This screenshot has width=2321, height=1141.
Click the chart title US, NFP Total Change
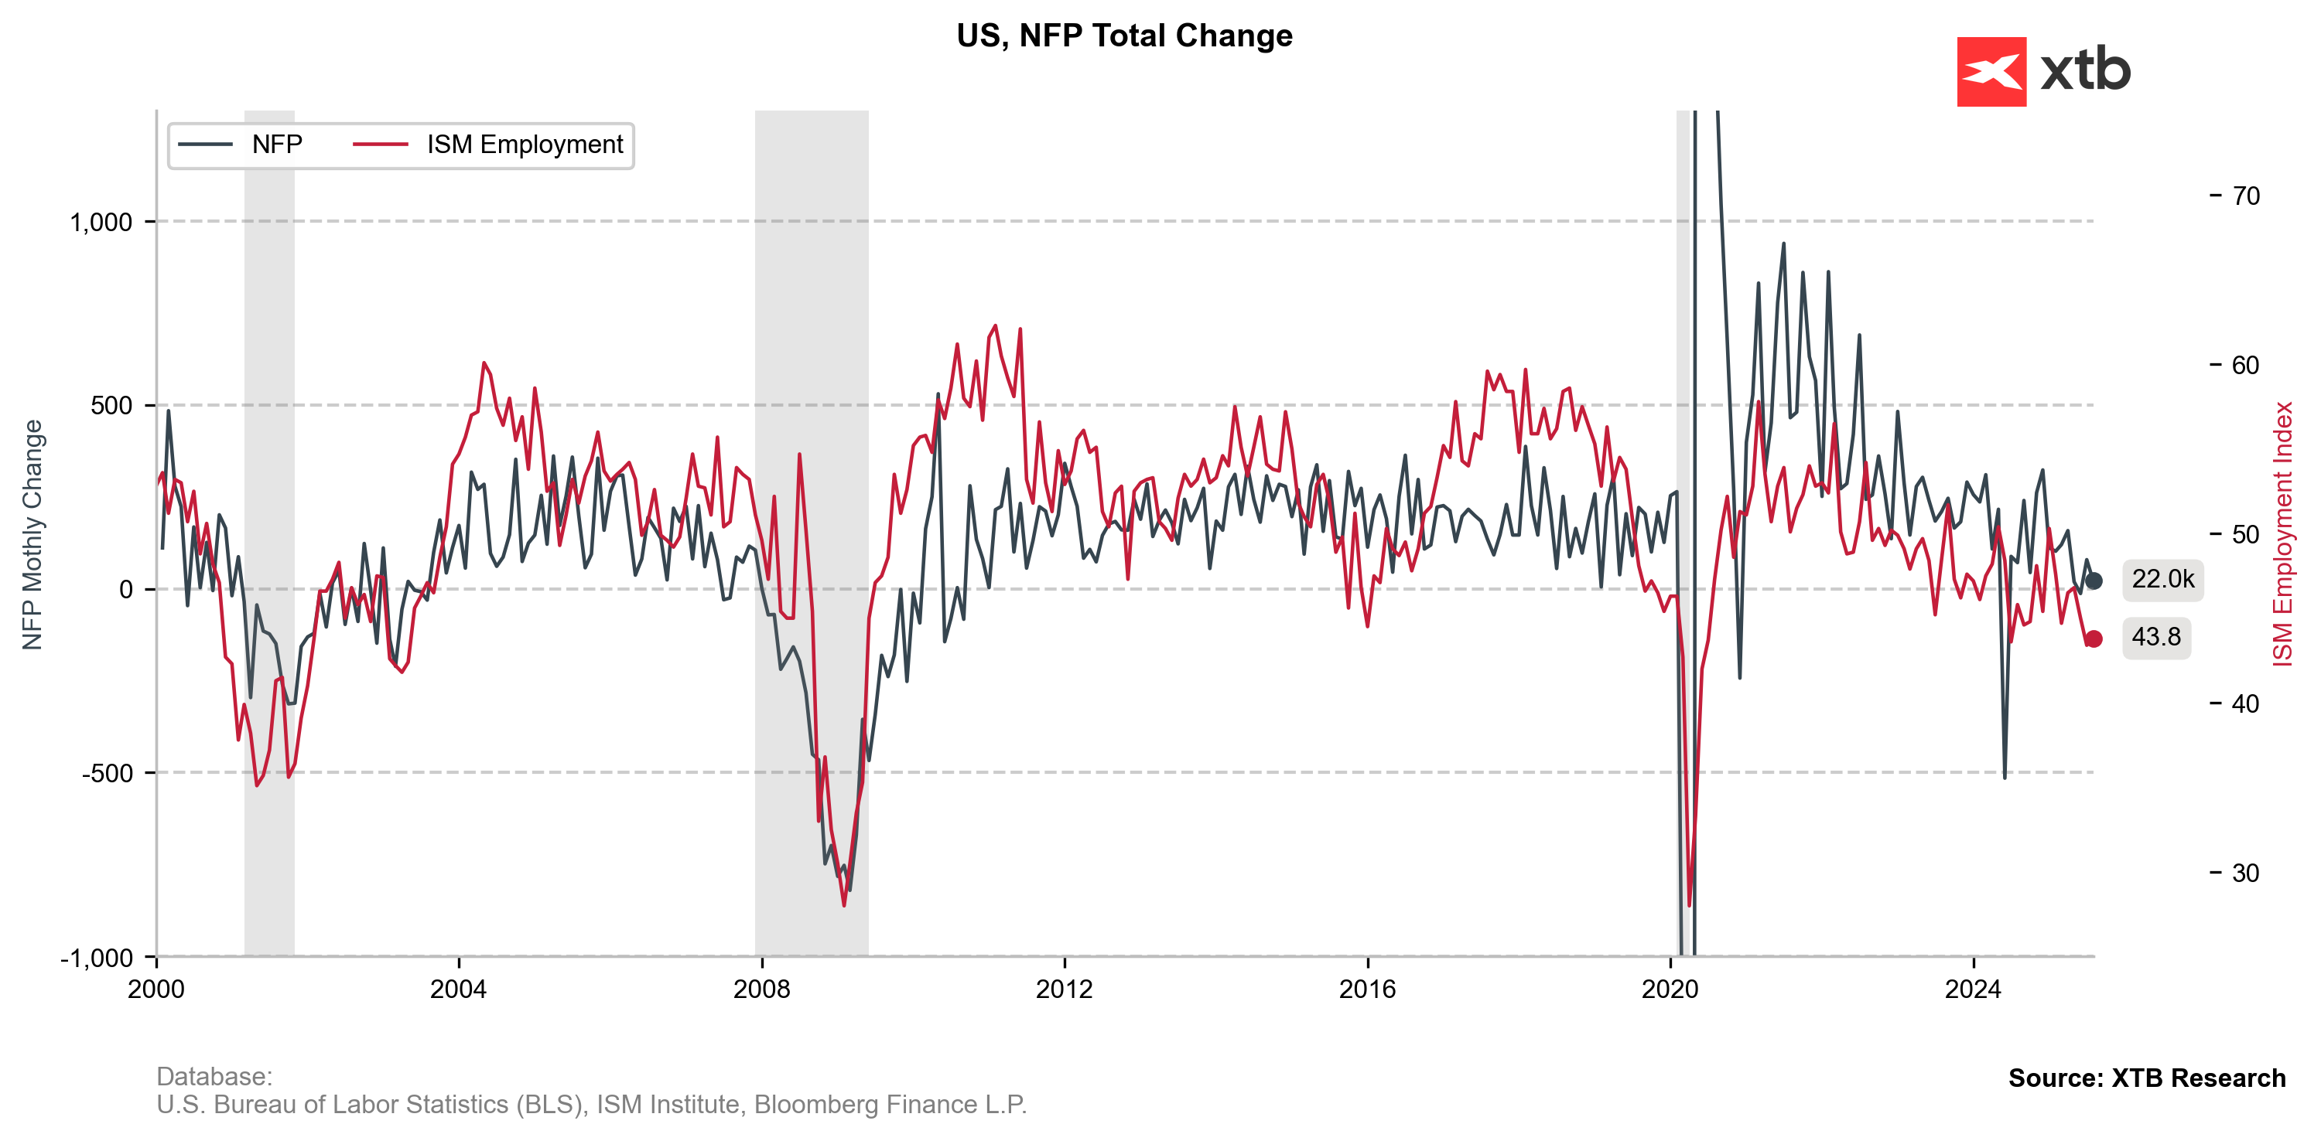(x=1123, y=36)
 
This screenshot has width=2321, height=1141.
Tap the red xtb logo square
(x=1991, y=72)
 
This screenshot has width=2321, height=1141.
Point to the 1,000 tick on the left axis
(x=101, y=223)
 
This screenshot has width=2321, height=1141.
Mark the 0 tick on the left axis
(x=126, y=590)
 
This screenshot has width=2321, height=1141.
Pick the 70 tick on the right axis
(x=2245, y=196)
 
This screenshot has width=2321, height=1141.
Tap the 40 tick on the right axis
(x=2245, y=704)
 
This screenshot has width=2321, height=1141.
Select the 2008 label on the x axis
(x=761, y=989)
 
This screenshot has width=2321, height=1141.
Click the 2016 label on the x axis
(x=1367, y=989)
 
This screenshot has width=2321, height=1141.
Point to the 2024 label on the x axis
(x=1972, y=989)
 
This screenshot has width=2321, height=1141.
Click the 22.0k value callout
(x=2162, y=579)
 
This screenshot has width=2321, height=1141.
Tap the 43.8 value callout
(x=2155, y=638)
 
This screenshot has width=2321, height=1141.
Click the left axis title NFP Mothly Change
(x=32, y=535)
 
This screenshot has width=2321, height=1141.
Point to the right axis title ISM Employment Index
(x=2282, y=535)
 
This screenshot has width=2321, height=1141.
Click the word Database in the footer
(x=213, y=1077)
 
